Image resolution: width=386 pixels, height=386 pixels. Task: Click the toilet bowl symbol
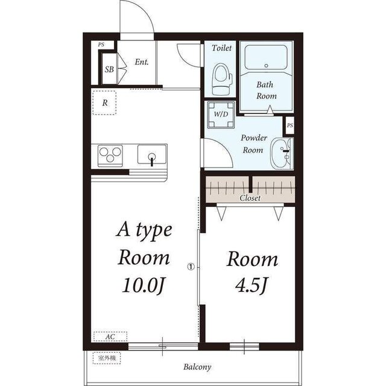[x=221, y=79]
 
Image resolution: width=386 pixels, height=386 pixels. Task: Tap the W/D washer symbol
[x=221, y=115]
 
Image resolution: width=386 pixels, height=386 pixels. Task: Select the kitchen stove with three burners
[x=110, y=156]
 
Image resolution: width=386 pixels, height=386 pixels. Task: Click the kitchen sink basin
[x=152, y=154]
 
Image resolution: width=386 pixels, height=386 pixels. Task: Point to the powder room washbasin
[x=282, y=154]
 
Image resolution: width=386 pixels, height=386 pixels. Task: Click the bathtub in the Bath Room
[x=266, y=57]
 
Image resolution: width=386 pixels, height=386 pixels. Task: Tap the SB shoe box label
[x=109, y=69]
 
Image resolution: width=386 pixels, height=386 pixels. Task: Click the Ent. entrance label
[x=142, y=62]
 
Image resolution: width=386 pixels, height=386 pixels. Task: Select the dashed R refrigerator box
[x=104, y=103]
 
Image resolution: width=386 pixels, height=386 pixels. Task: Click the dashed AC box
[x=110, y=337]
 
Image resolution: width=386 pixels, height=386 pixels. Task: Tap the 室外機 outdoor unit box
[x=107, y=358]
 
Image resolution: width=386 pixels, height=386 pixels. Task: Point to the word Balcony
[x=197, y=367]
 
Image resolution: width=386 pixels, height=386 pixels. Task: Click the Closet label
[x=250, y=198]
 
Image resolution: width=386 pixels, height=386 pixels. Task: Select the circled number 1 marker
[x=191, y=267]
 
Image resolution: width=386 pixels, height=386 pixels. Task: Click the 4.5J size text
[x=251, y=285]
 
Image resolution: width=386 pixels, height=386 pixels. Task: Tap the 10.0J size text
[x=144, y=285]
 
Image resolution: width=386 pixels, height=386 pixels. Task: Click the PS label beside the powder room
[x=289, y=125]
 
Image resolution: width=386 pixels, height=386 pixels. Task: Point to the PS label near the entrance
[x=101, y=45]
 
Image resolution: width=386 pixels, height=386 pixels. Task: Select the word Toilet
[x=221, y=48]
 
